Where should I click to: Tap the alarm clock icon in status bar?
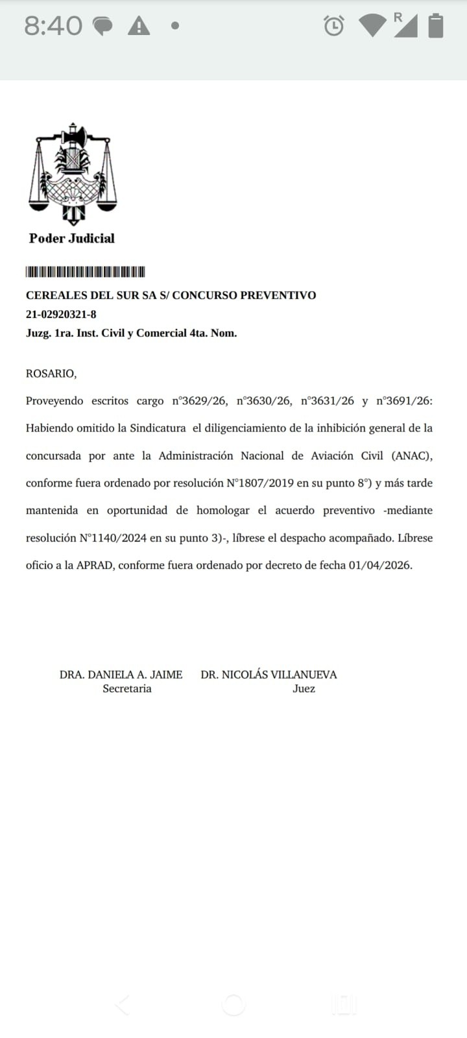[x=333, y=26]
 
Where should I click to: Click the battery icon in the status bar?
[x=436, y=26]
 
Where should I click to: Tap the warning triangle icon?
[x=139, y=27]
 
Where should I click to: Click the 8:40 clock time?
[x=53, y=27]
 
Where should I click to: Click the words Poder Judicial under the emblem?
[x=71, y=238]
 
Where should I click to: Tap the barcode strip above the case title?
[x=85, y=272]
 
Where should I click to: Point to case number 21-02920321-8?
[x=61, y=314]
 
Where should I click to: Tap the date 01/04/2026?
[x=379, y=565]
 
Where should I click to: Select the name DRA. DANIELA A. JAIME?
[x=121, y=675]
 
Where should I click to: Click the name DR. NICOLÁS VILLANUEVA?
[x=269, y=675]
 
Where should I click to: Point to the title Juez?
[x=304, y=689]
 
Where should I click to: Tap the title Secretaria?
[x=127, y=689]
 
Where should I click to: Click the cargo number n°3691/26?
[x=403, y=401]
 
